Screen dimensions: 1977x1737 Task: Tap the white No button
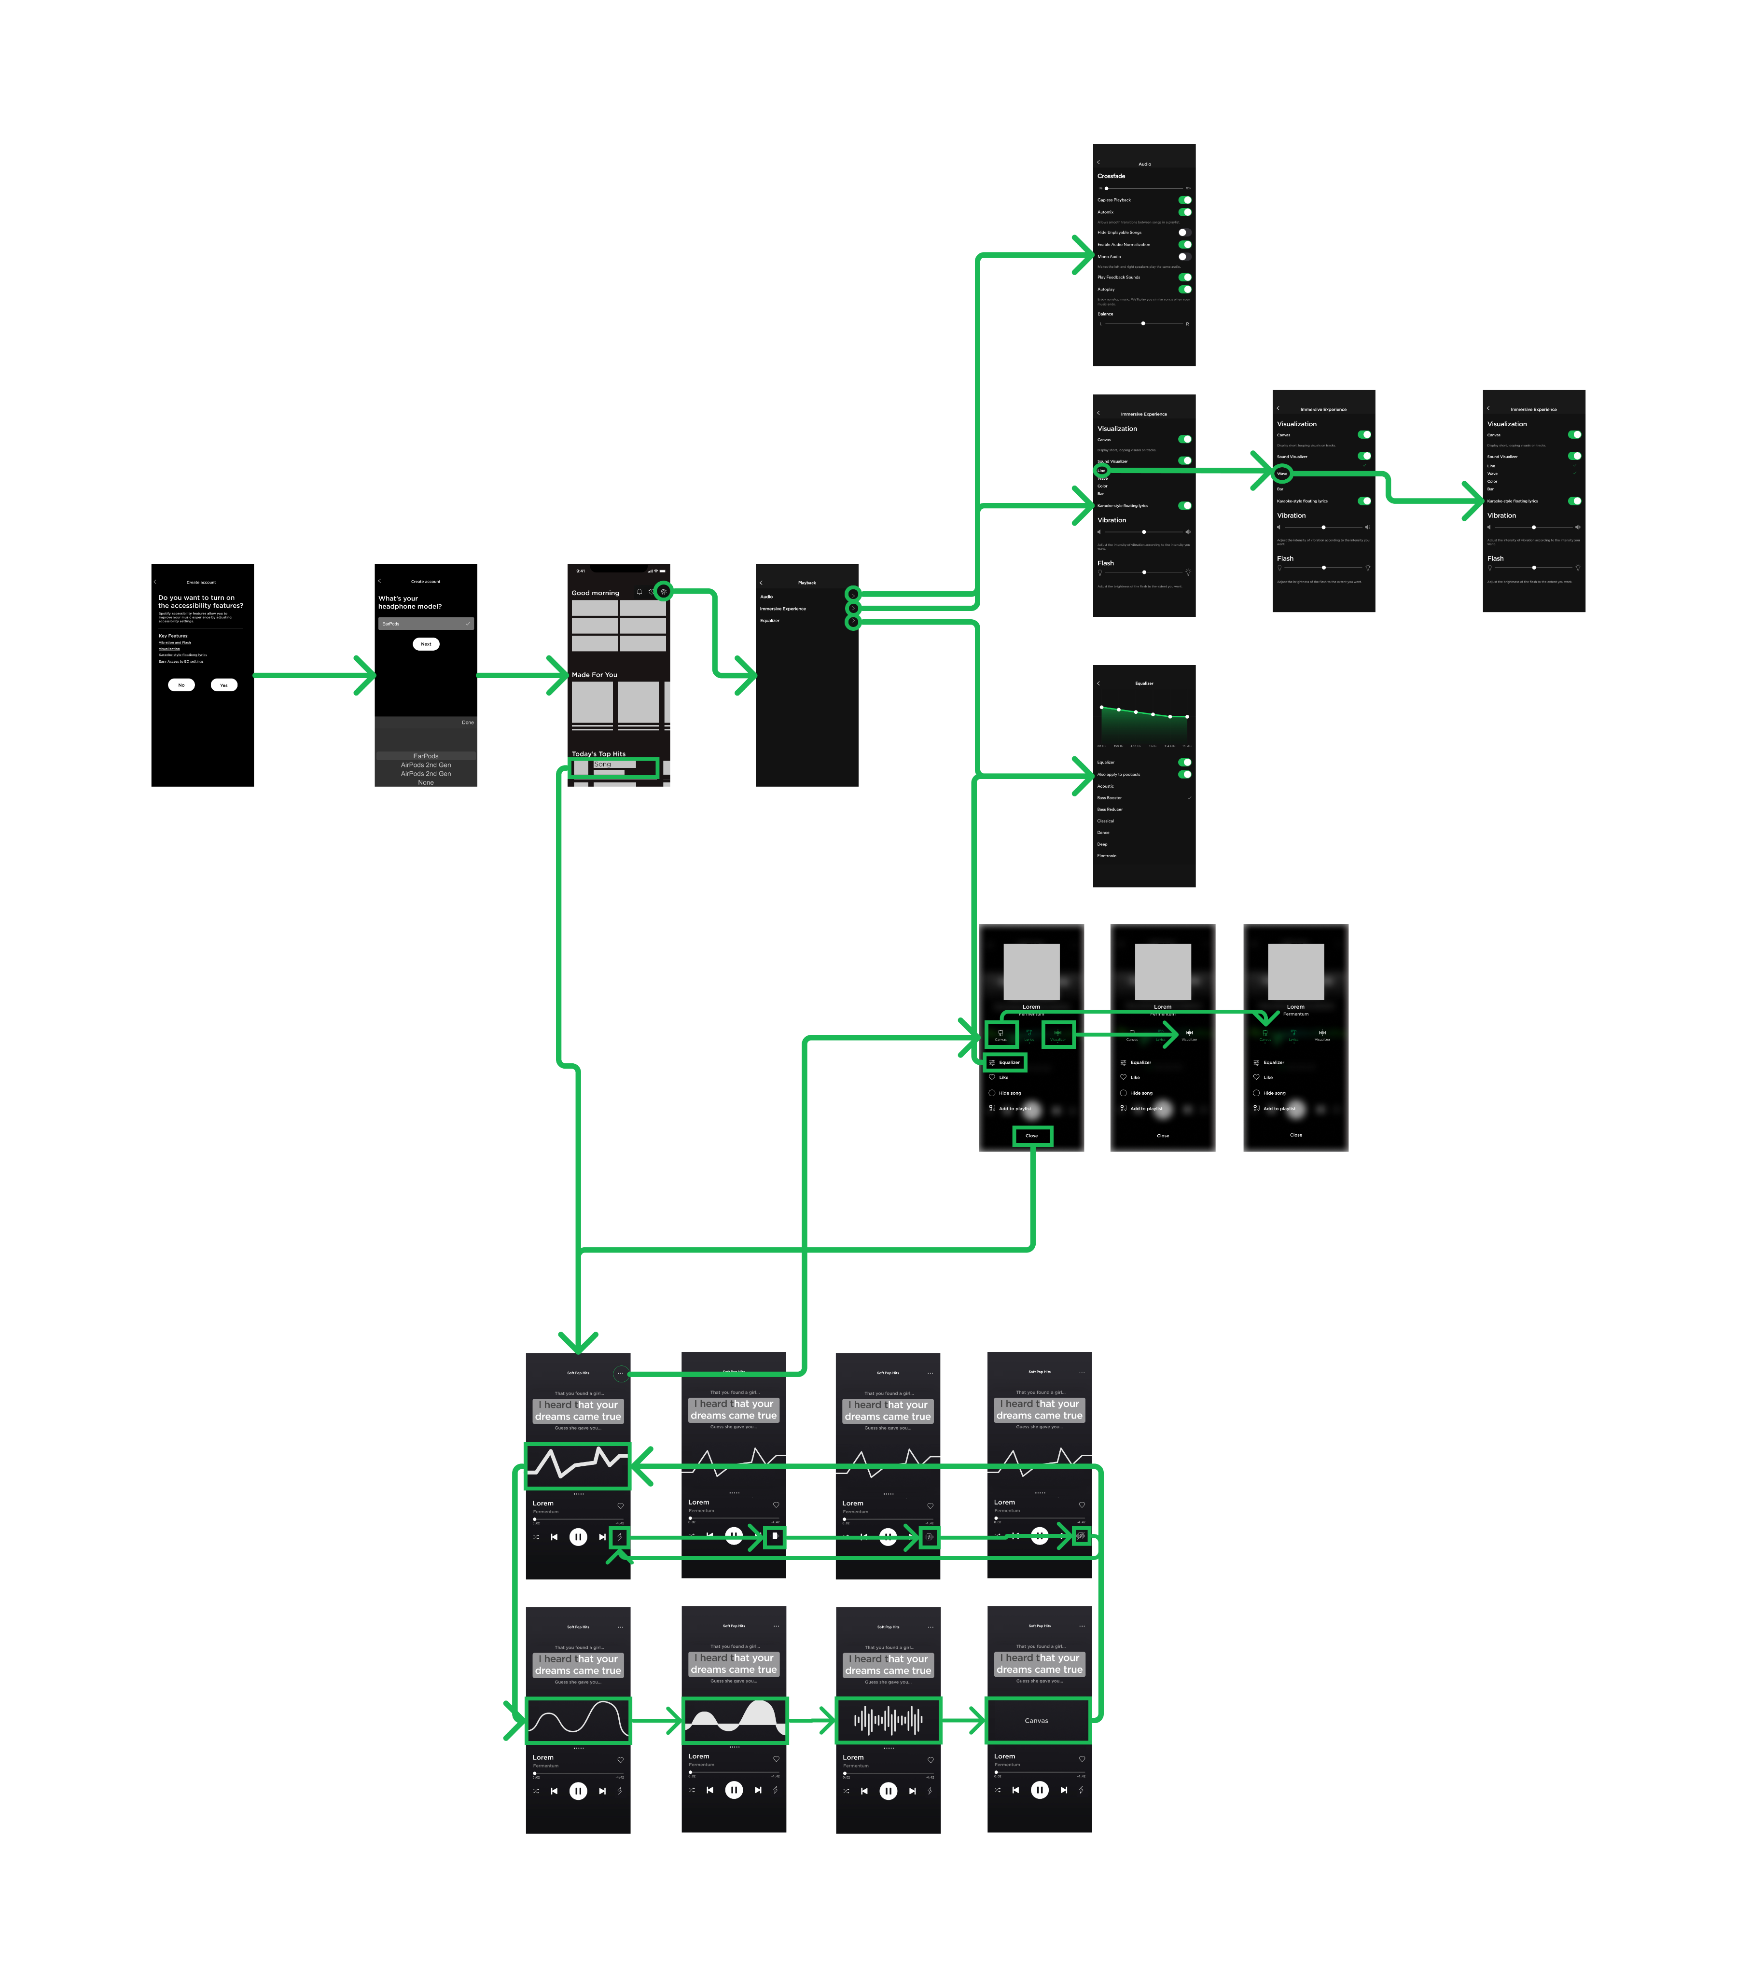tap(181, 685)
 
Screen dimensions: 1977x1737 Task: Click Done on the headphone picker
tap(467, 723)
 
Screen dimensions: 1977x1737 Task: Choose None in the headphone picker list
tap(426, 782)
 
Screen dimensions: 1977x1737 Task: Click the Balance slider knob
tap(1143, 323)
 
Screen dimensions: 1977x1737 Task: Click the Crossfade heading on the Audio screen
tap(1111, 176)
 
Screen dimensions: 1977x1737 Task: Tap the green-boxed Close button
tap(1032, 1136)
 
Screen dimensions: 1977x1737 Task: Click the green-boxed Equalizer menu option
tap(1006, 1062)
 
